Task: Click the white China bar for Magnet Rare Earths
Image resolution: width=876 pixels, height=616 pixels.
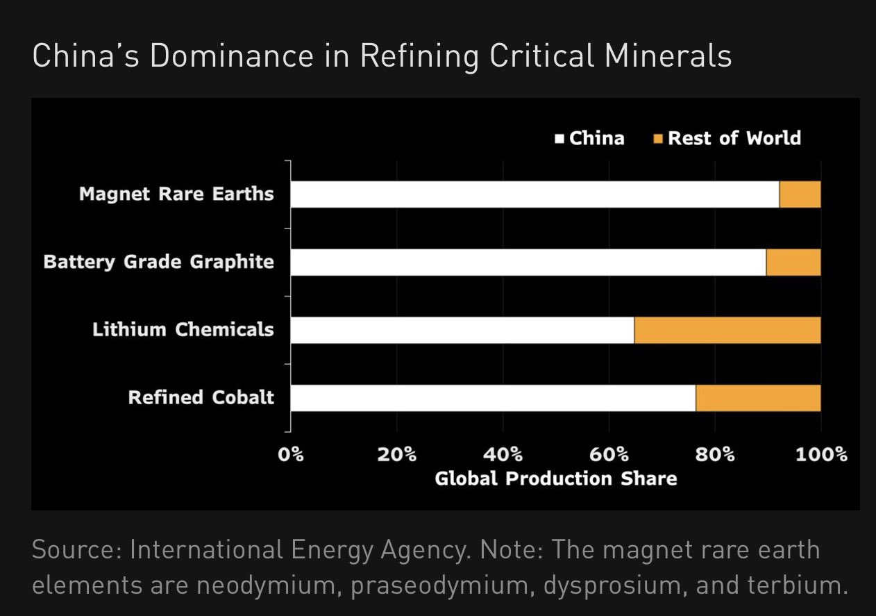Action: click(534, 194)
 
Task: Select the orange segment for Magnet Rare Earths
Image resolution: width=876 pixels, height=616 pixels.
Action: click(800, 194)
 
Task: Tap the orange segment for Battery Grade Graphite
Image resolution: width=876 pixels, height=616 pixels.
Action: click(793, 263)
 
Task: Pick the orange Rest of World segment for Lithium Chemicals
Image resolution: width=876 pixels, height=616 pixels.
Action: click(727, 331)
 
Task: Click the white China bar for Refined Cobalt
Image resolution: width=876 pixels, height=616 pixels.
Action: click(493, 398)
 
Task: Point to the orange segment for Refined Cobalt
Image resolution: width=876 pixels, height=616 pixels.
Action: click(758, 398)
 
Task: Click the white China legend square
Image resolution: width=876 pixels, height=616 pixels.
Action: click(559, 139)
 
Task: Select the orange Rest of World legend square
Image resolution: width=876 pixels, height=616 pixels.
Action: click(658, 139)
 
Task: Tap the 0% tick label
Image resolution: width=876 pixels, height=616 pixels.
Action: click(291, 455)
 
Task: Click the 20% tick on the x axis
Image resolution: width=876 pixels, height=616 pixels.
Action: click(397, 455)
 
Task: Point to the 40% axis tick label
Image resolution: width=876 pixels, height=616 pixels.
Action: click(503, 455)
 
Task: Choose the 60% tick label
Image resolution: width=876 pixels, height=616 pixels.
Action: click(609, 455)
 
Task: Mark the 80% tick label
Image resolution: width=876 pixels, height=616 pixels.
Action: click(715, 455)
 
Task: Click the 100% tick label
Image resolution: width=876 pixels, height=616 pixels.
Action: click(822, 455)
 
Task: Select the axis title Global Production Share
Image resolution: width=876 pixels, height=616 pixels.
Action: click(555, 478)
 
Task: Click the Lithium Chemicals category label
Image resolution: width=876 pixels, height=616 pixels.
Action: click(183, 330)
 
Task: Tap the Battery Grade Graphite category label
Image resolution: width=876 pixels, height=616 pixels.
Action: click(158, 263)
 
